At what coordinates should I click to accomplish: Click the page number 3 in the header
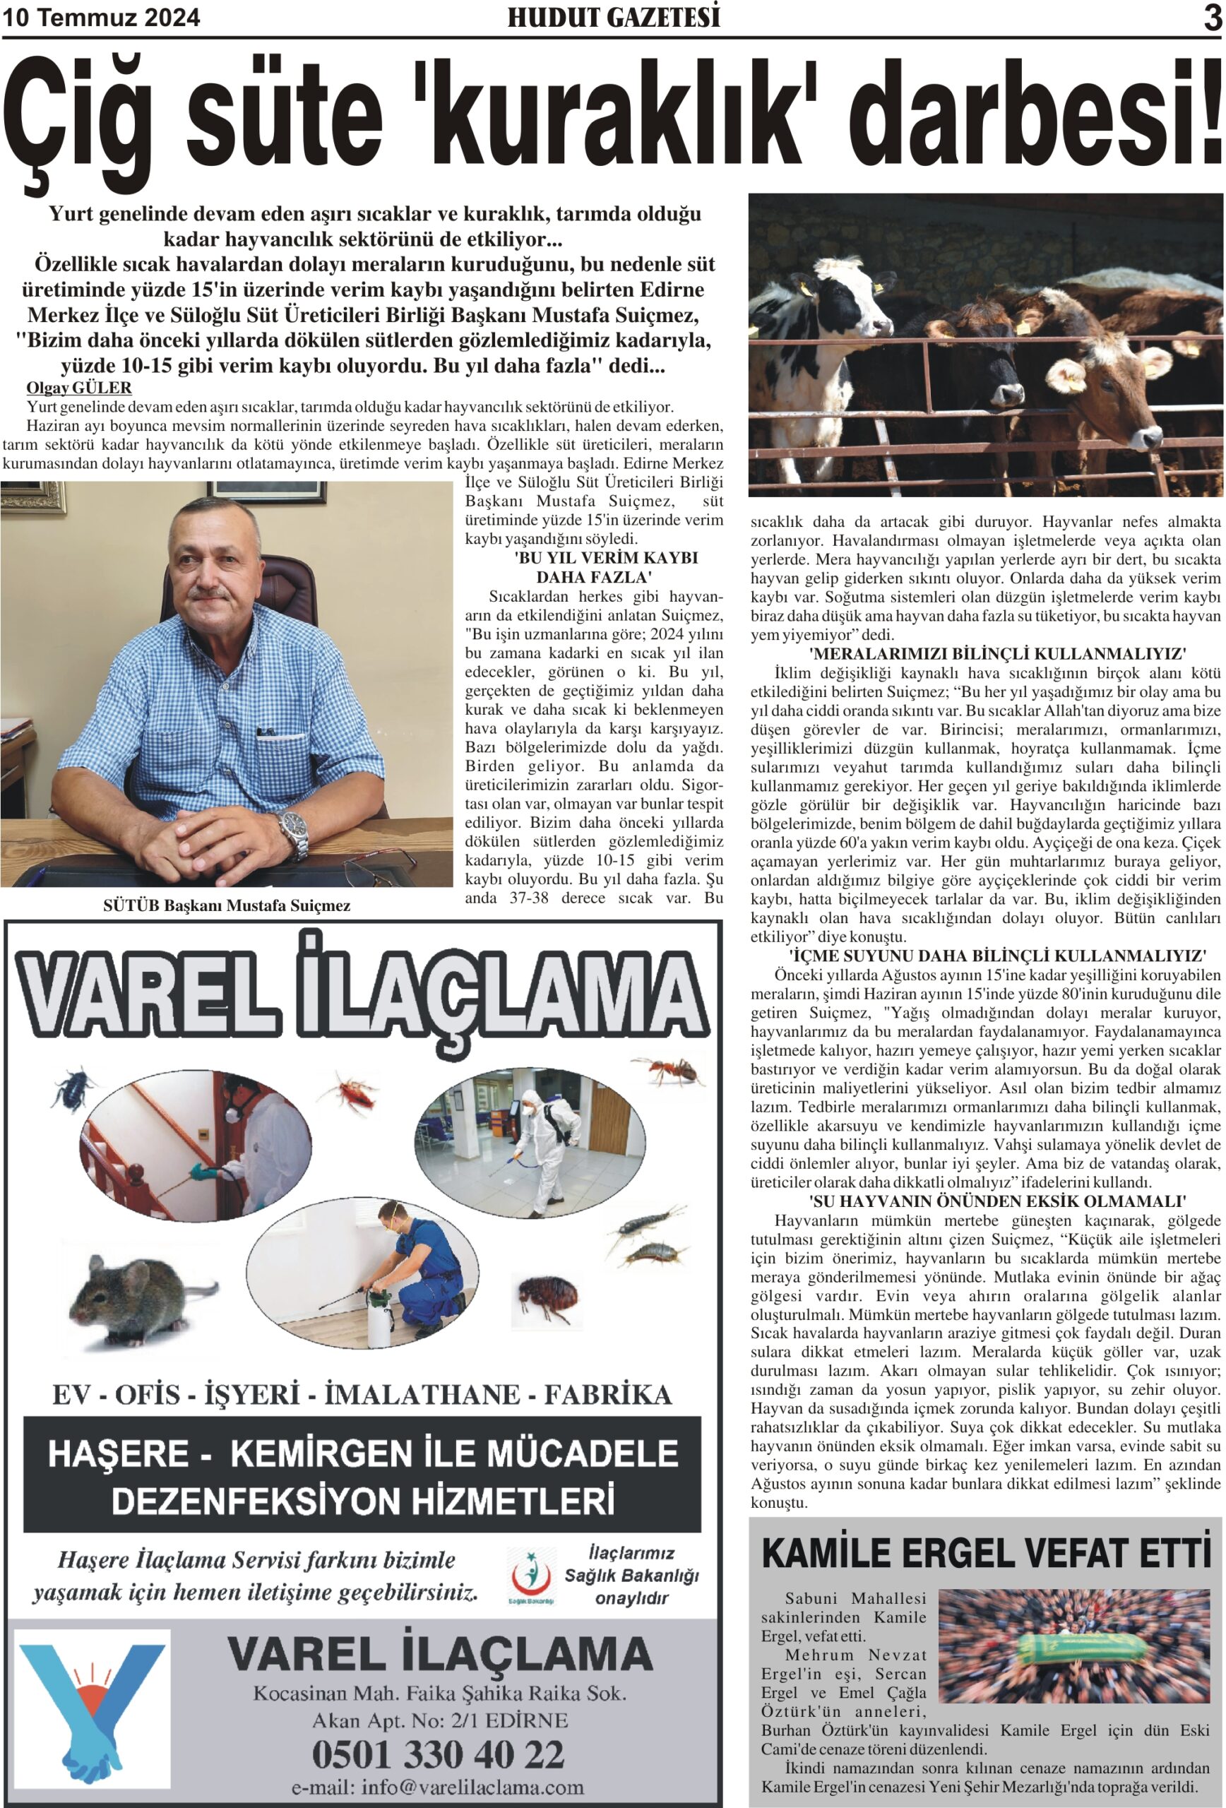tap(1212, 18)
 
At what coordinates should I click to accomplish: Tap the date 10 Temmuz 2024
tap(102, 18)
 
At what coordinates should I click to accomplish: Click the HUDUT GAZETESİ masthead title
tap(613, 18)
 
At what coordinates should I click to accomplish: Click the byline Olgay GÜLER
tap(78, 388)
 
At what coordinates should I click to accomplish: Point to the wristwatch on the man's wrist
tap(292, 827)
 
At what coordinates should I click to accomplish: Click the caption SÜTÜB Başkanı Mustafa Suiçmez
tap(227, 905)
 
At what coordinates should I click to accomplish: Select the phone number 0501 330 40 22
tap(438, 1754)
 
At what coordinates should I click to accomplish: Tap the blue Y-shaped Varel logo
tap(93, 1706)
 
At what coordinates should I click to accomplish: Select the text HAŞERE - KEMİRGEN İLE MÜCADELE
tap(362, 1453)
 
